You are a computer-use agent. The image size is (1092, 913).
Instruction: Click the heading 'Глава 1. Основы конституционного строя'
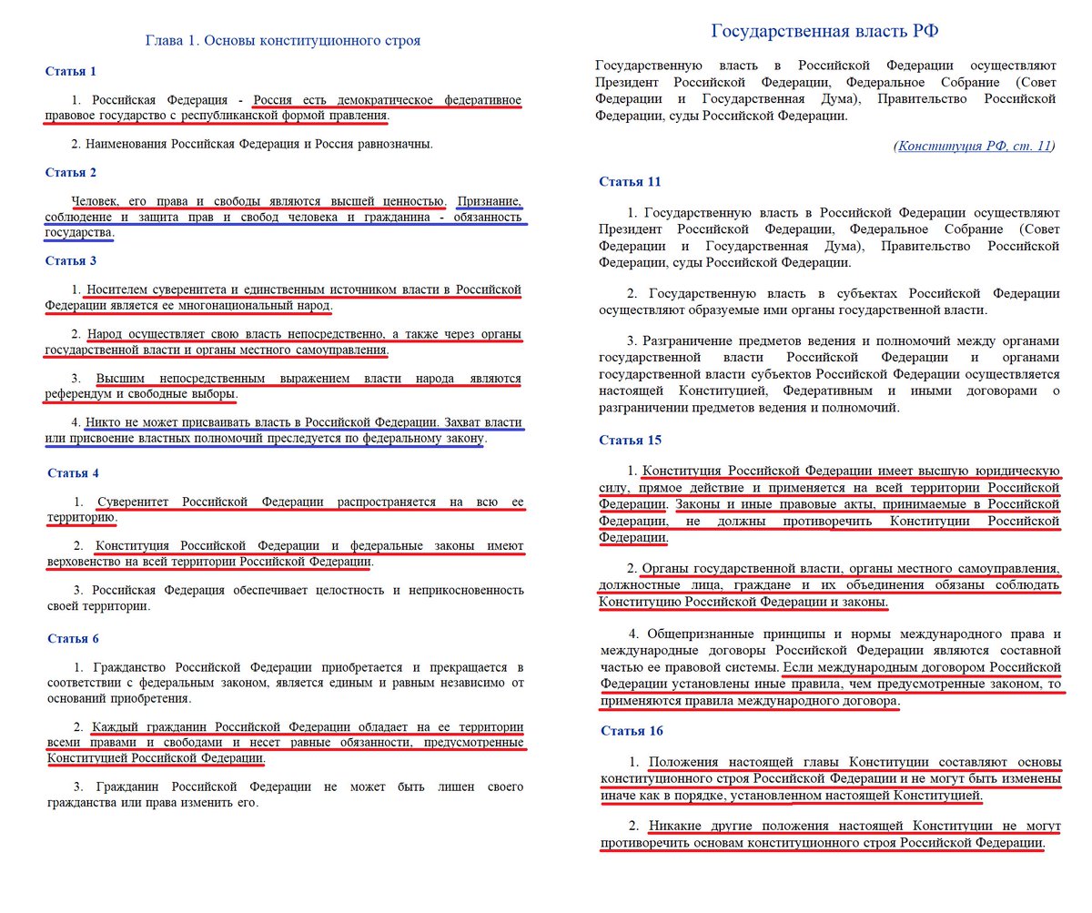click(283, 41)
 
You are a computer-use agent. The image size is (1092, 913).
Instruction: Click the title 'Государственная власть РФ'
click(824, 31)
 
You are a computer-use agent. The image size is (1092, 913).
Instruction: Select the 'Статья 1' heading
click(71, 71)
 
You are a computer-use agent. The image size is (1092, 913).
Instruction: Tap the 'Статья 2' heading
click(71, 172)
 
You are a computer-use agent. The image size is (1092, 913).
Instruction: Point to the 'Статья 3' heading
click(71, 260)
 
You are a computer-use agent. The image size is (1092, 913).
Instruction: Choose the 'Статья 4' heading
click(73, 473)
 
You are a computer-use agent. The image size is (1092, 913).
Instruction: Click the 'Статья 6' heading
click(73, 638)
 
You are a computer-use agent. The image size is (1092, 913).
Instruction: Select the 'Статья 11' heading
click(630, 181)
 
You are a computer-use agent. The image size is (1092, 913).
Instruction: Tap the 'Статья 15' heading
click(630, 440)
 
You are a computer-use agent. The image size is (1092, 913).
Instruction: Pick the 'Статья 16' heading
click(632, 731)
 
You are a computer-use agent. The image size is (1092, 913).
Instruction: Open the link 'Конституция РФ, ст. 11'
click(975, 146)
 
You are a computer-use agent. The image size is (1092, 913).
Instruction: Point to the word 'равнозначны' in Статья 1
click(392, 144)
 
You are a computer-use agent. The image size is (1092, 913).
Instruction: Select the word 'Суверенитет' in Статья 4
click(136, 502)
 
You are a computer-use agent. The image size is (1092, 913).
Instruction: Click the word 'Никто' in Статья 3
click(104, 423)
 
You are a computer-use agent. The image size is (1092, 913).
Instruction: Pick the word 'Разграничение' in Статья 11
click(693, 340)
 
